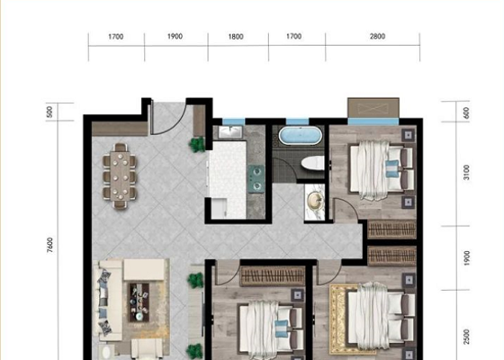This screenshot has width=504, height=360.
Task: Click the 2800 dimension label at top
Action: (x=377, y=36)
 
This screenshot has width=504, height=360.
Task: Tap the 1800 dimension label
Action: (x=236, y=37)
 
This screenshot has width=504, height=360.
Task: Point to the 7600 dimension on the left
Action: (x=49, y=245)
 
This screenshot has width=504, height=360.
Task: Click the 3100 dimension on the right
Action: (x=466, y=172)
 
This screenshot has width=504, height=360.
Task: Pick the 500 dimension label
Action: (x=49, y=112)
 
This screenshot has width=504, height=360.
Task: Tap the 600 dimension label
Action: (x=466, y=112)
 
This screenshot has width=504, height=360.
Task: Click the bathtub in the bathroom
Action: (x=300, y=136)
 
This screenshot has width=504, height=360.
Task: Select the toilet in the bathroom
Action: (x=313, y=163)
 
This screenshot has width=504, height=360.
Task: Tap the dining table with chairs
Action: (x=120, y=175)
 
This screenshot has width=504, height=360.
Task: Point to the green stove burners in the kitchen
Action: (x=256, y=179)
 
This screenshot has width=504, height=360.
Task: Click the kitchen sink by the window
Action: (x=230, y=131)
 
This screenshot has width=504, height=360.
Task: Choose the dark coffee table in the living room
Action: (x=139, y=302)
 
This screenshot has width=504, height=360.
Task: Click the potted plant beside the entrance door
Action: (x=197, y=145)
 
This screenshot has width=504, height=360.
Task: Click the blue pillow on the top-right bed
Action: (x=392, y=168)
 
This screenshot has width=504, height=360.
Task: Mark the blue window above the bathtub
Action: (x=297, y=121)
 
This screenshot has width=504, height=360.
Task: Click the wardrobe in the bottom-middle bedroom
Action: (x=273, y=276)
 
